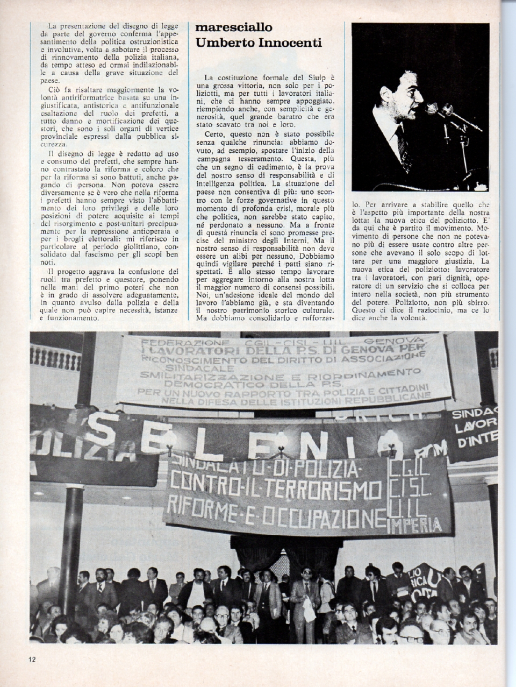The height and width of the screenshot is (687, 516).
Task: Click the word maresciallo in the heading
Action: click(234, 27)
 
